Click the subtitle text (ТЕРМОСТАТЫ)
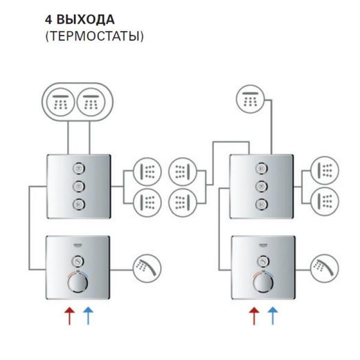coord(94,36)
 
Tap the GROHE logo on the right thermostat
coord(261,247)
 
